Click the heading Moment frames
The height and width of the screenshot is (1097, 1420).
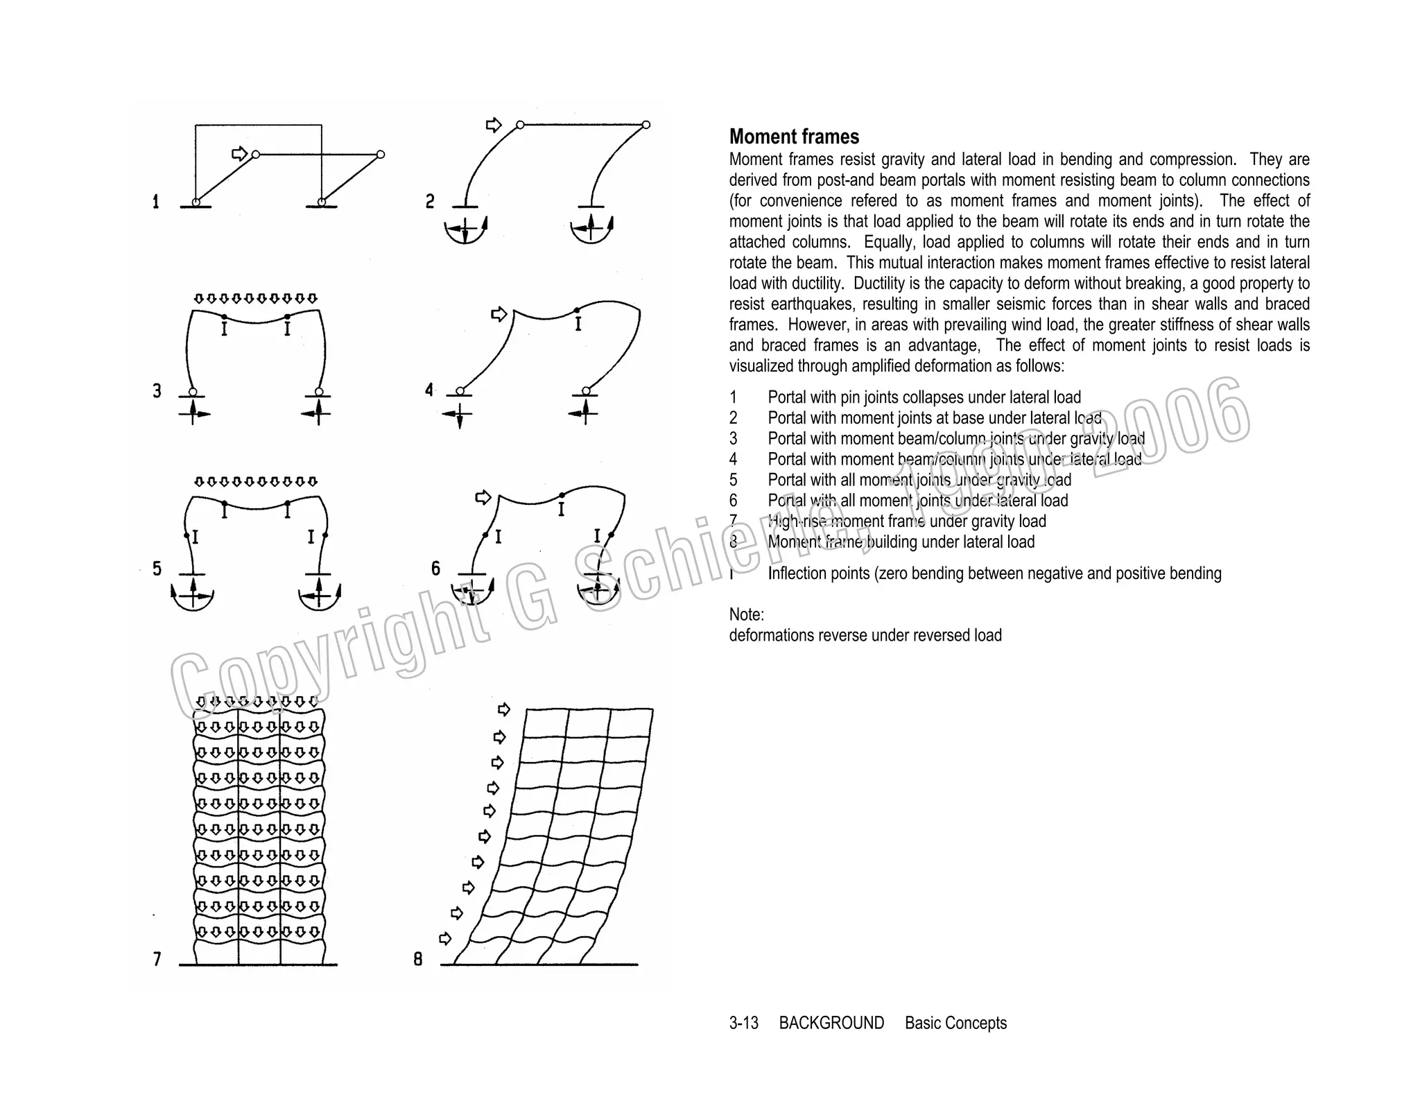click(794, 137)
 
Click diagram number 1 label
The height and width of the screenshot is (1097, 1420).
click(156, 202)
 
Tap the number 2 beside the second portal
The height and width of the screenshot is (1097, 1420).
click(430, 202)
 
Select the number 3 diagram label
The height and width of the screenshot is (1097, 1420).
click(157, 391)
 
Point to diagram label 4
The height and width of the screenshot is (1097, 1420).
click(429, 390)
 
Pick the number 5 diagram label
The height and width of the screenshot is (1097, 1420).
click(157, 569)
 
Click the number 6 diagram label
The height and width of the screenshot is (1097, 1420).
click(435, 569)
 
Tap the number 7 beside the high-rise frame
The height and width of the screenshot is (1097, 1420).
click(157, 959)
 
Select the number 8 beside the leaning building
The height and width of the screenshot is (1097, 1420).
click(418, 959)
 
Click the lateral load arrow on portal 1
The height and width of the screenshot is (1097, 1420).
click(239, 153)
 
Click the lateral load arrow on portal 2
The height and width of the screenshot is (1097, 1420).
click(494, 125)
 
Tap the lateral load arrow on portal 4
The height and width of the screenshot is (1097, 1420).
click(499, 314)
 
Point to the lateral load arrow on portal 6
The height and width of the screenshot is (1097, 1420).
click(483, 497)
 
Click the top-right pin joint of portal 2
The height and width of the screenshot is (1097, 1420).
click(646, 125)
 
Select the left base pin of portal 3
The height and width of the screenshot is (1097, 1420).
click(193, 392)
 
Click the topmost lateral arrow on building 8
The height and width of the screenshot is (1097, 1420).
click(504, 709)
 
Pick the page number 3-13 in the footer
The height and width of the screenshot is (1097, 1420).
click(743, 1023)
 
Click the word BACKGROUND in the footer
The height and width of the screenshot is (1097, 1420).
click(831, 1023)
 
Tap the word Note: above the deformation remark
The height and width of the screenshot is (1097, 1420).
click(746, 614)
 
